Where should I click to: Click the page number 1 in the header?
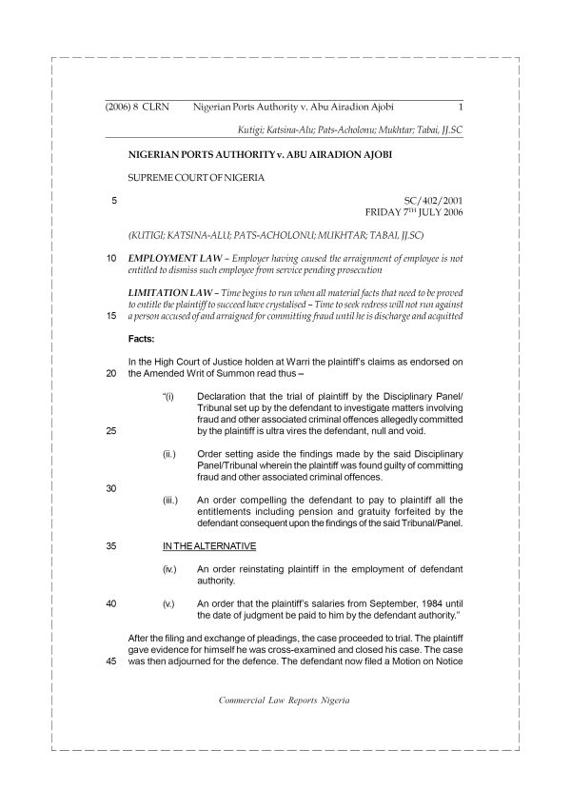click(461, 108)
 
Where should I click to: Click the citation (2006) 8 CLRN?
click(137, 108)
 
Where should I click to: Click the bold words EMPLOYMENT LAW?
click(167, 258)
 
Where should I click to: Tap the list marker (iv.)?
click(171, 568)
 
